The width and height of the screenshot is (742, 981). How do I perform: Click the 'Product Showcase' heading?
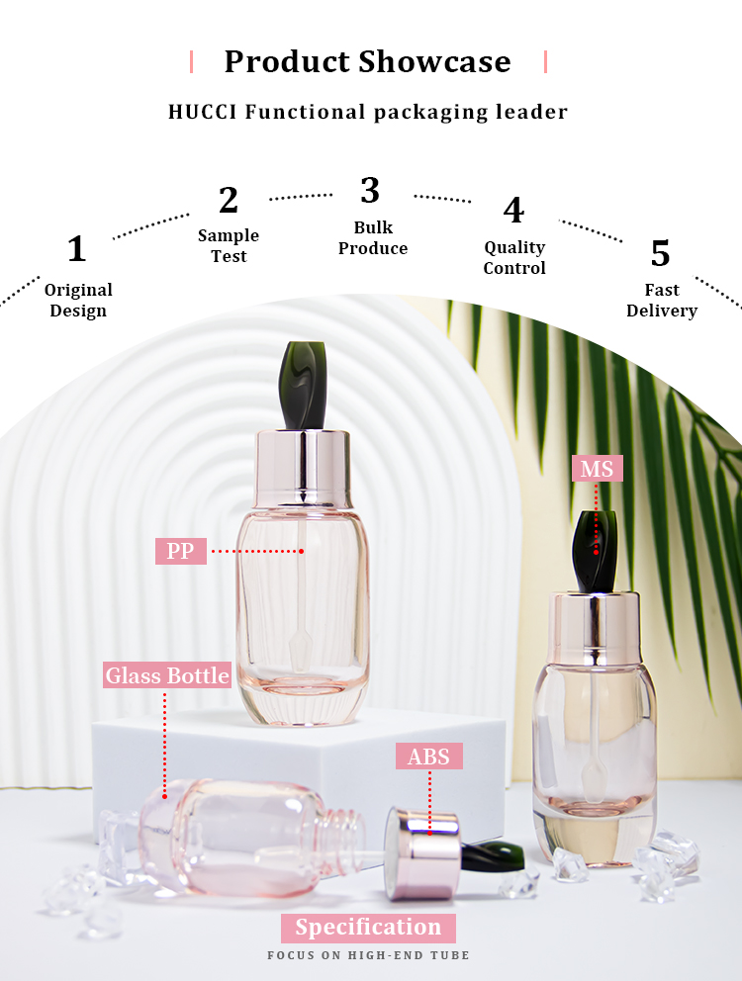[368, 61]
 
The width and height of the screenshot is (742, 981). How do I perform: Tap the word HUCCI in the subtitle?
[202, 112]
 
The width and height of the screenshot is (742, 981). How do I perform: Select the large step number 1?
[76, 248]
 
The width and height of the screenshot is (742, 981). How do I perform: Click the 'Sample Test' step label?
[229, 245]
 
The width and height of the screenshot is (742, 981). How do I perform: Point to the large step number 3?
[370, 190]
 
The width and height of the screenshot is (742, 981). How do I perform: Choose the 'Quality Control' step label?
[514, 257]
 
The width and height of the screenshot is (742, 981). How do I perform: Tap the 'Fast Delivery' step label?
[662, 300]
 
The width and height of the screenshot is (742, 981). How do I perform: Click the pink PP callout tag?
[180, 551]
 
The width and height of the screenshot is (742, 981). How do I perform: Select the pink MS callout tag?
[597, 469]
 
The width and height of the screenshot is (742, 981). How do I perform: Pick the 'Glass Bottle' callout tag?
[167, 675]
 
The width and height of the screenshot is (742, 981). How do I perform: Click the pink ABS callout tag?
[429, 757]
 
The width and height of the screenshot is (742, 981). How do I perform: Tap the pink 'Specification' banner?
[368, 928]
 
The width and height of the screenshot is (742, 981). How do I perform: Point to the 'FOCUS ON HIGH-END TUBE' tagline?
[368, 955]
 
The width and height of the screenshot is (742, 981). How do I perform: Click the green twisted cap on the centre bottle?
[304, 386]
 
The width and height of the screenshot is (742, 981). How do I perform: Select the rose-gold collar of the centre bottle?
[302, 468]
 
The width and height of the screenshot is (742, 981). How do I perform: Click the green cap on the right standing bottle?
[596, 552]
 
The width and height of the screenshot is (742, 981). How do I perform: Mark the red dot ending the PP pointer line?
[301, 551]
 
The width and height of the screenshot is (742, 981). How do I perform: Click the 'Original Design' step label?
[78, 300]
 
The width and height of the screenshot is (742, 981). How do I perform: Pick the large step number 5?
[661, 253]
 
